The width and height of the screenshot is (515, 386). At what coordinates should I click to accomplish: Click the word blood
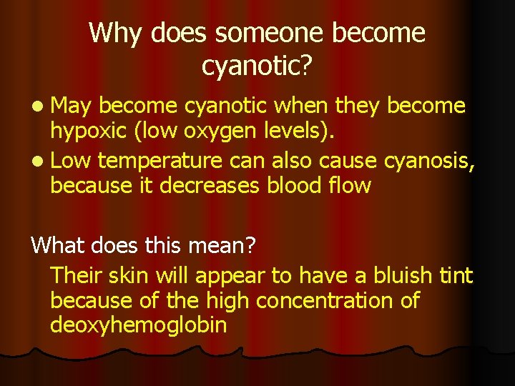coord(295,187)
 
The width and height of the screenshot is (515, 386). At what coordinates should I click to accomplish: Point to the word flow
coord(350,187)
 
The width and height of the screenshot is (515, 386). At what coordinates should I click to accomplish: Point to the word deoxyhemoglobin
coord(139,326)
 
